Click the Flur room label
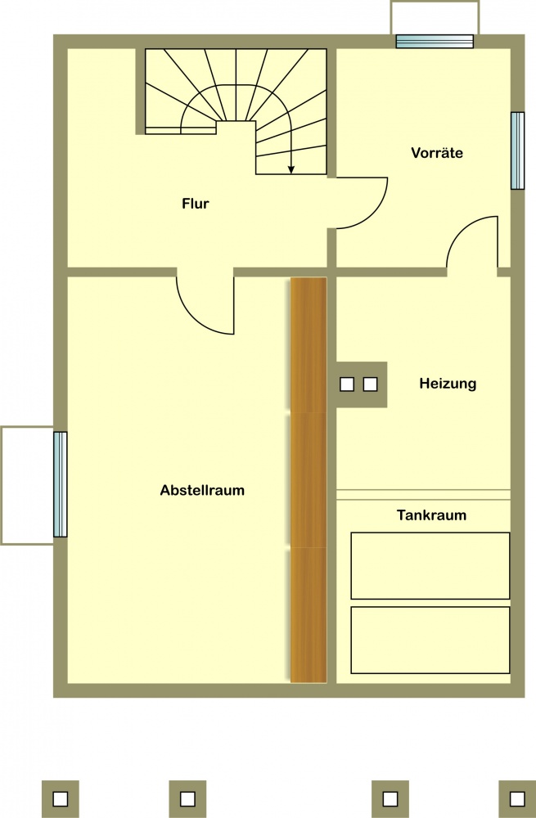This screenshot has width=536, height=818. (196, 204)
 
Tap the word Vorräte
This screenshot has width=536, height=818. (437, 153)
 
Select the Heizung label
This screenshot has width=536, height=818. (448, 384)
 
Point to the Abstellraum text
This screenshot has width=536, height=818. (202, 490)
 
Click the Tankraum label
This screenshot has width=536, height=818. (431, 515)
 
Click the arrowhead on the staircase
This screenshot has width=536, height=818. (291, 169)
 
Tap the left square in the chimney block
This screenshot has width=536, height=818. (346, 384)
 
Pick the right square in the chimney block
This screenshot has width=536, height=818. (370, 384)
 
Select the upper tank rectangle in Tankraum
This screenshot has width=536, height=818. (430, 565)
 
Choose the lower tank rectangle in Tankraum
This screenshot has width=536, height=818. (430, 640)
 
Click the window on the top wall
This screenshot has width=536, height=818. (435, 41)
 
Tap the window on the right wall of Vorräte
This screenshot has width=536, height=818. (517, 151)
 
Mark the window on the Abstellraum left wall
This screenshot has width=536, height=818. (60, 484)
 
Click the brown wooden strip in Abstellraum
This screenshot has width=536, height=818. (309, 480)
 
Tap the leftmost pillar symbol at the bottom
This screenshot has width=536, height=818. (60, 798)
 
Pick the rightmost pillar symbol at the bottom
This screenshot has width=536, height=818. (517, 798)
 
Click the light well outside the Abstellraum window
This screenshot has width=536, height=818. (27, 486)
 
